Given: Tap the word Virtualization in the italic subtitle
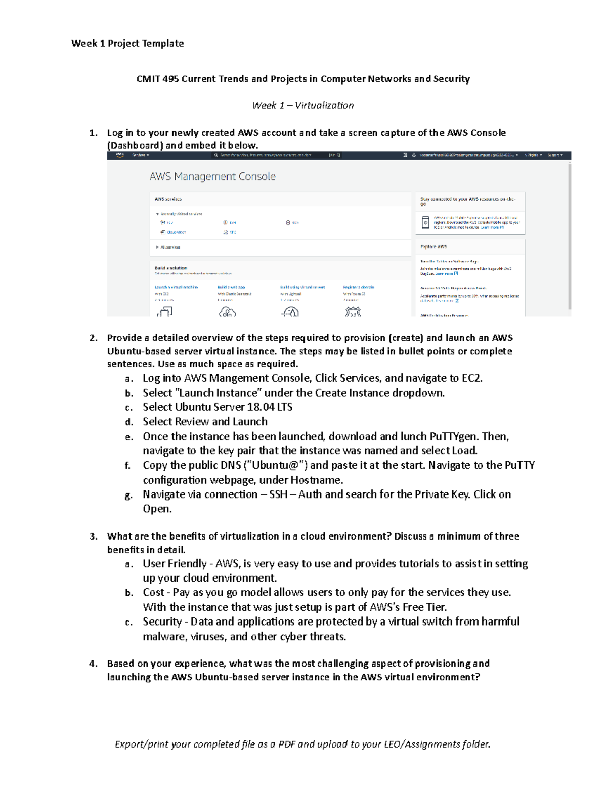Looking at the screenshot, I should (324, 105).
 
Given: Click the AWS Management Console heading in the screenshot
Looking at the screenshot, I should (212, 176).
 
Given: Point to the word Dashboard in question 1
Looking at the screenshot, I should (135, 145).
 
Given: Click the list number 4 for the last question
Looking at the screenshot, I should (93, 664).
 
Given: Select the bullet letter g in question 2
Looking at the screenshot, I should (128, 495).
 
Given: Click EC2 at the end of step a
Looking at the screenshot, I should (471, 378).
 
